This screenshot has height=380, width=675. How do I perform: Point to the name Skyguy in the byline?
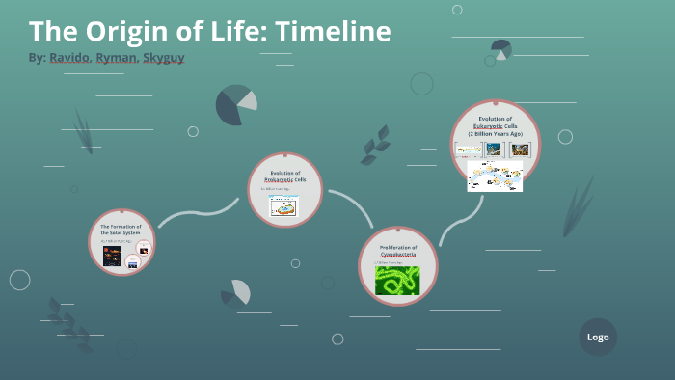tap(163, 58)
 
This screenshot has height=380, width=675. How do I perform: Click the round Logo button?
tap(598, 337)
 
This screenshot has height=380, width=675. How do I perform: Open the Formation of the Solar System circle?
tap(124, 242)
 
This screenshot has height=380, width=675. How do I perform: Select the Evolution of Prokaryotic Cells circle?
tap(283, 190)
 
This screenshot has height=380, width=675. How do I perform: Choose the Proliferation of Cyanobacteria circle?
tap(398, 266)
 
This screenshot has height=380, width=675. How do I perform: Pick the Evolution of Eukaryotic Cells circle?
tap(496, 145)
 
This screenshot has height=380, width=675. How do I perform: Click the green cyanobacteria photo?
tap(398, 280)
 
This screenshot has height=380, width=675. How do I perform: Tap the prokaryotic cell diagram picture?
tap(283, 206)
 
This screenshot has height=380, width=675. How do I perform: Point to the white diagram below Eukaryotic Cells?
tap(495, 176)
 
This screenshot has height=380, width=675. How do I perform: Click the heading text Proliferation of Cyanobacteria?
tap(398, 251)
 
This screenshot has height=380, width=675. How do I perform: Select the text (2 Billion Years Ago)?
tap(496, 134)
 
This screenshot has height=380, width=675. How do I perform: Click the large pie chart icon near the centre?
tap(235, 105)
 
